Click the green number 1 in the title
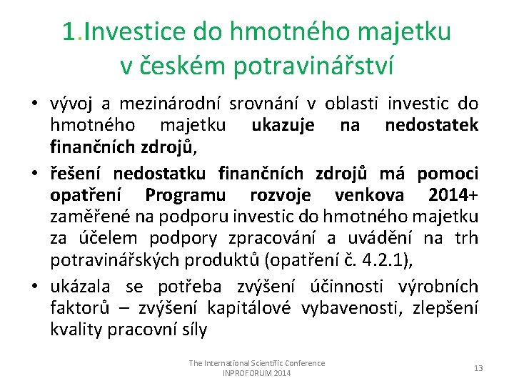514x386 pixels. click(69, 32)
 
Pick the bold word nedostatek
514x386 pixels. click(431, 127)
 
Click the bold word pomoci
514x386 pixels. click(448, 174)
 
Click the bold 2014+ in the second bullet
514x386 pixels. click(453, 195)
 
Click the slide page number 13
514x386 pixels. click(478, 368)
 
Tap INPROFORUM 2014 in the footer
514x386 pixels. click(256, 373)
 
